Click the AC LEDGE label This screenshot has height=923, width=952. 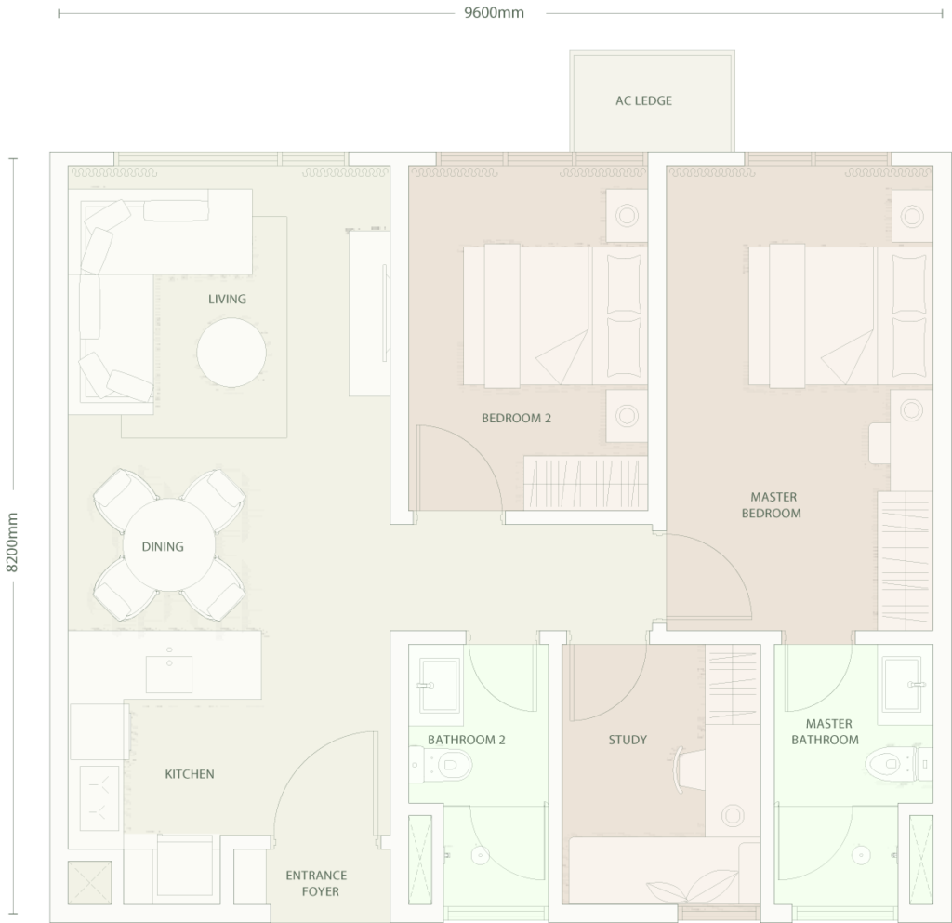[643, 100]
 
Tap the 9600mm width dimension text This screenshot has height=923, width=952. [494, 13]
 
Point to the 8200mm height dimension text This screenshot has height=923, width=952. [12, 542]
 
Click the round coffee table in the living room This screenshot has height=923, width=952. [231, 353]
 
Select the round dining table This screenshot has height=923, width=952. [169, 545]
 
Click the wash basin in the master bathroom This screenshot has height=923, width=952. [904, 684]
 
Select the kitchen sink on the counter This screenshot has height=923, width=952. [169, 674]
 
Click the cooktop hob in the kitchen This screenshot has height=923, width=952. [99, 797]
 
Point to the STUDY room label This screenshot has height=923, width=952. [628, 740]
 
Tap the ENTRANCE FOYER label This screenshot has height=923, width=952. [317, 884]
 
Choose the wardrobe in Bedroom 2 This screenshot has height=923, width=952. [586, 483]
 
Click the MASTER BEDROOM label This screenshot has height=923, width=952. [772, 505]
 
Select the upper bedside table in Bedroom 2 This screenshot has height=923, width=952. [627, 215]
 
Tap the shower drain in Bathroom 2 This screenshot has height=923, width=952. [481, 855]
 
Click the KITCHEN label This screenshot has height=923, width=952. [190, 774]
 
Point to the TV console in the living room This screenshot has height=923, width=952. [369, 314]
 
